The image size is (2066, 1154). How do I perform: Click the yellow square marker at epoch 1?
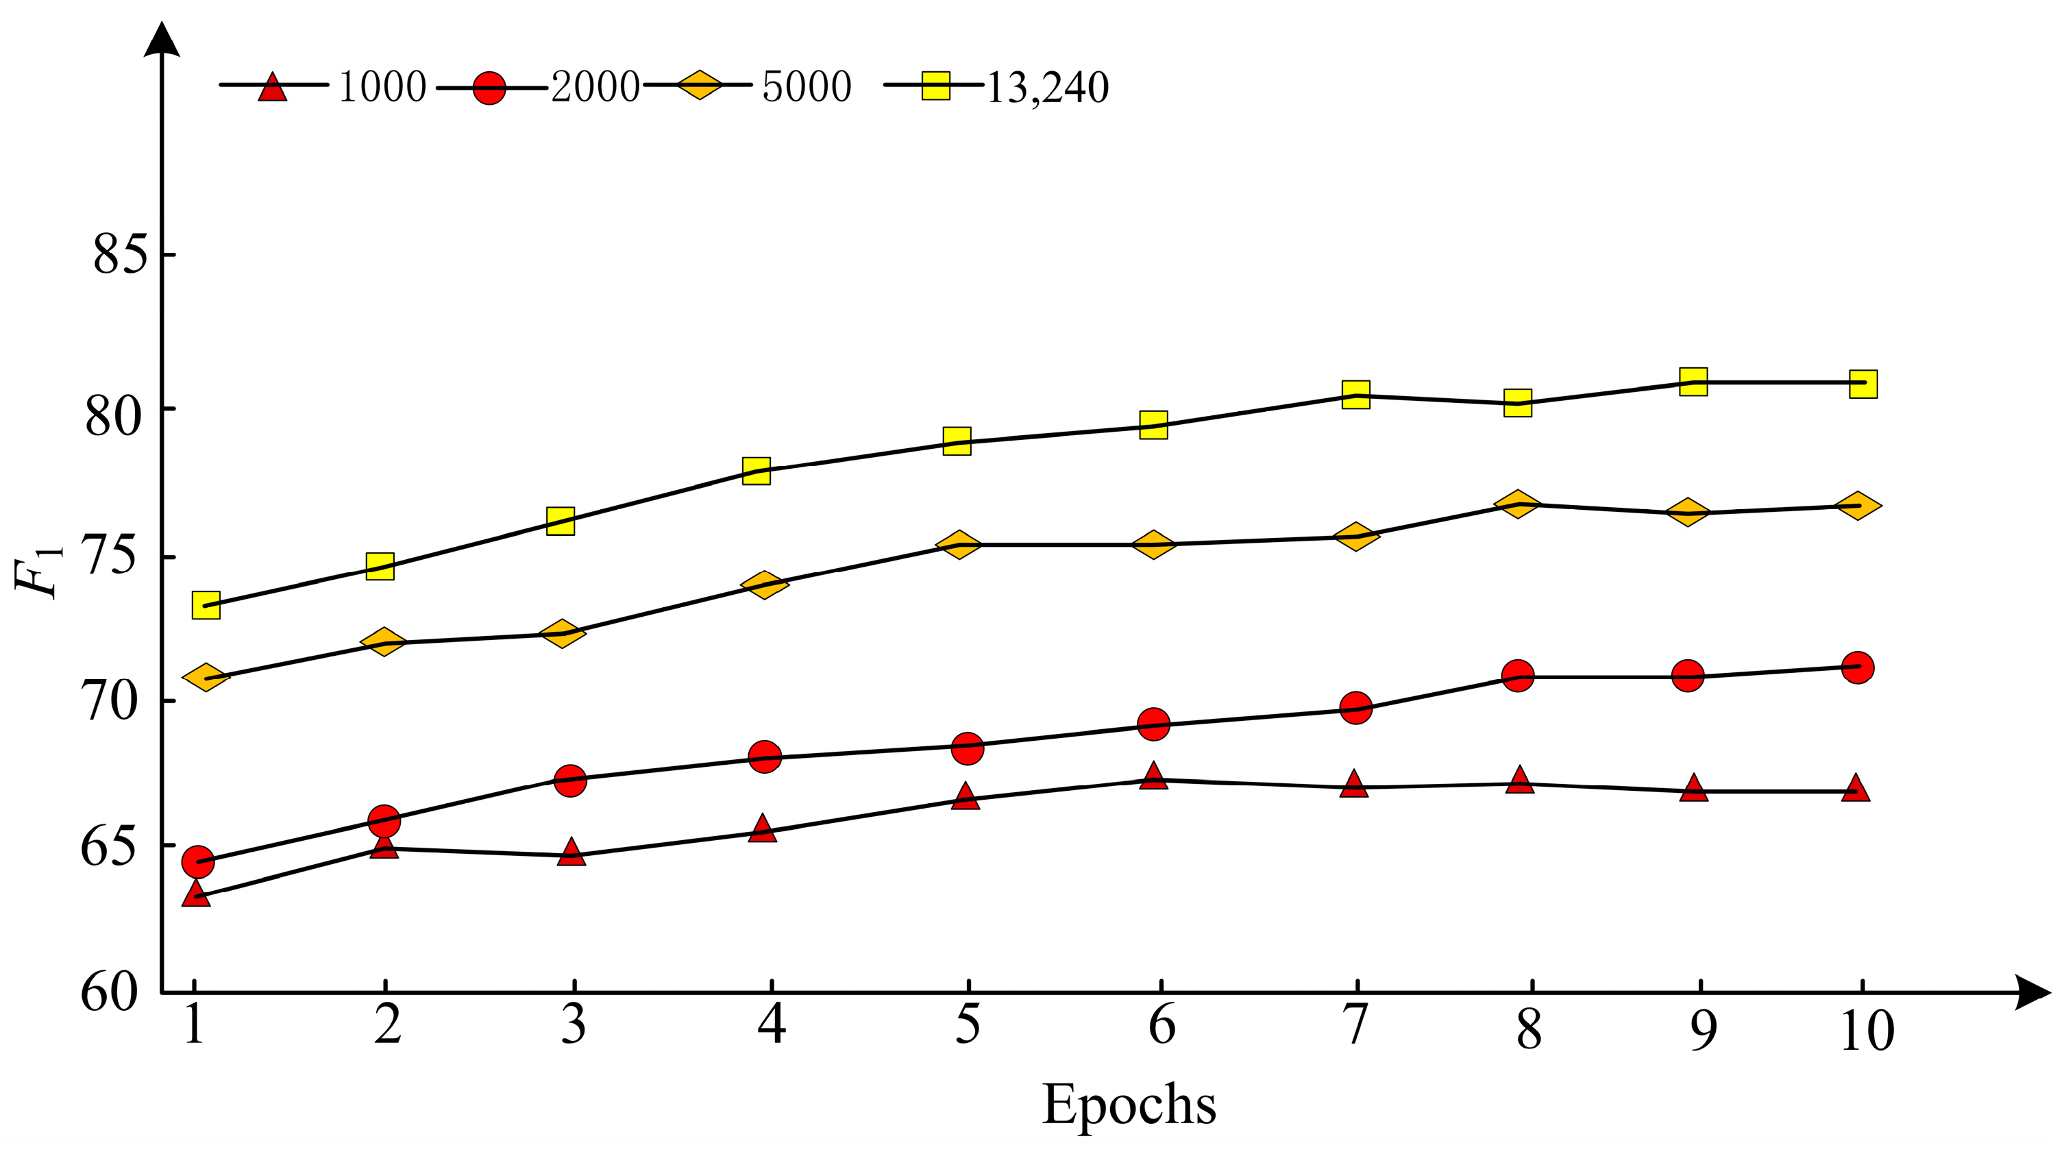[x=206, y=606]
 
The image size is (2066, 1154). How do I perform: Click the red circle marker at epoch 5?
[x=968, y=748]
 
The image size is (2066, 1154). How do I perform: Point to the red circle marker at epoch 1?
[x=198, y=862]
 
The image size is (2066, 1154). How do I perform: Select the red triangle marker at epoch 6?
[x=1153, y=777]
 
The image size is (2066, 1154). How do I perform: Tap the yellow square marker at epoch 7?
[x=1355, y=395]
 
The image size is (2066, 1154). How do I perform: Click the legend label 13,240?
[x=1046, y=88]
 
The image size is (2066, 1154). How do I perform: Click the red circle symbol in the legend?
[x=489, y=88]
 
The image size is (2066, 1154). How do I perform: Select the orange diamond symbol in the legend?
[x=698, y=84]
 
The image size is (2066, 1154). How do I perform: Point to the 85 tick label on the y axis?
[x=121, y=254]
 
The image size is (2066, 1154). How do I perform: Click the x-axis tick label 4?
[x=771, y=1026]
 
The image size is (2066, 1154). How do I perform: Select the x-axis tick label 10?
[x=1867, y=1031]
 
